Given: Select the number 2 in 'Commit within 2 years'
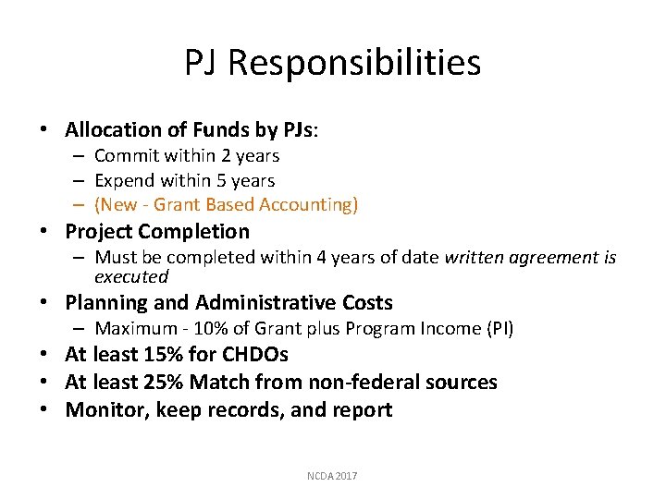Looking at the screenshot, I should pyautogui.click(x=221, y=156).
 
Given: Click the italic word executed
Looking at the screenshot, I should pyautogui.click(x=131, y=276).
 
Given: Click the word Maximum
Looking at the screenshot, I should pyautogui.click(x=135, y=328).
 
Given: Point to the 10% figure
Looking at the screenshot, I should pyautogui.click(x=238, y=328).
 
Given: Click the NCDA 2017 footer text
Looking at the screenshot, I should pyautogui.click(x=332, y=476).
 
